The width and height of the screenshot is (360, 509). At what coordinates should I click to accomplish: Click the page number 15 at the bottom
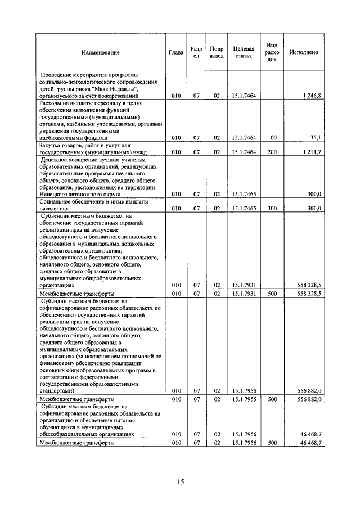[180, 481]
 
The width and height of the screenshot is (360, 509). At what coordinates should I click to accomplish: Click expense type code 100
[272, 137]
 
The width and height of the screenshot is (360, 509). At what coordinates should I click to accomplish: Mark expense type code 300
[272, 208]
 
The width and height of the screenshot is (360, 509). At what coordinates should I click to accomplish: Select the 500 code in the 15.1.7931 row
[272, 294]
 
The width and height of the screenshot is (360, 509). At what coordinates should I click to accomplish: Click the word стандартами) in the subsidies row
[57, 390]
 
